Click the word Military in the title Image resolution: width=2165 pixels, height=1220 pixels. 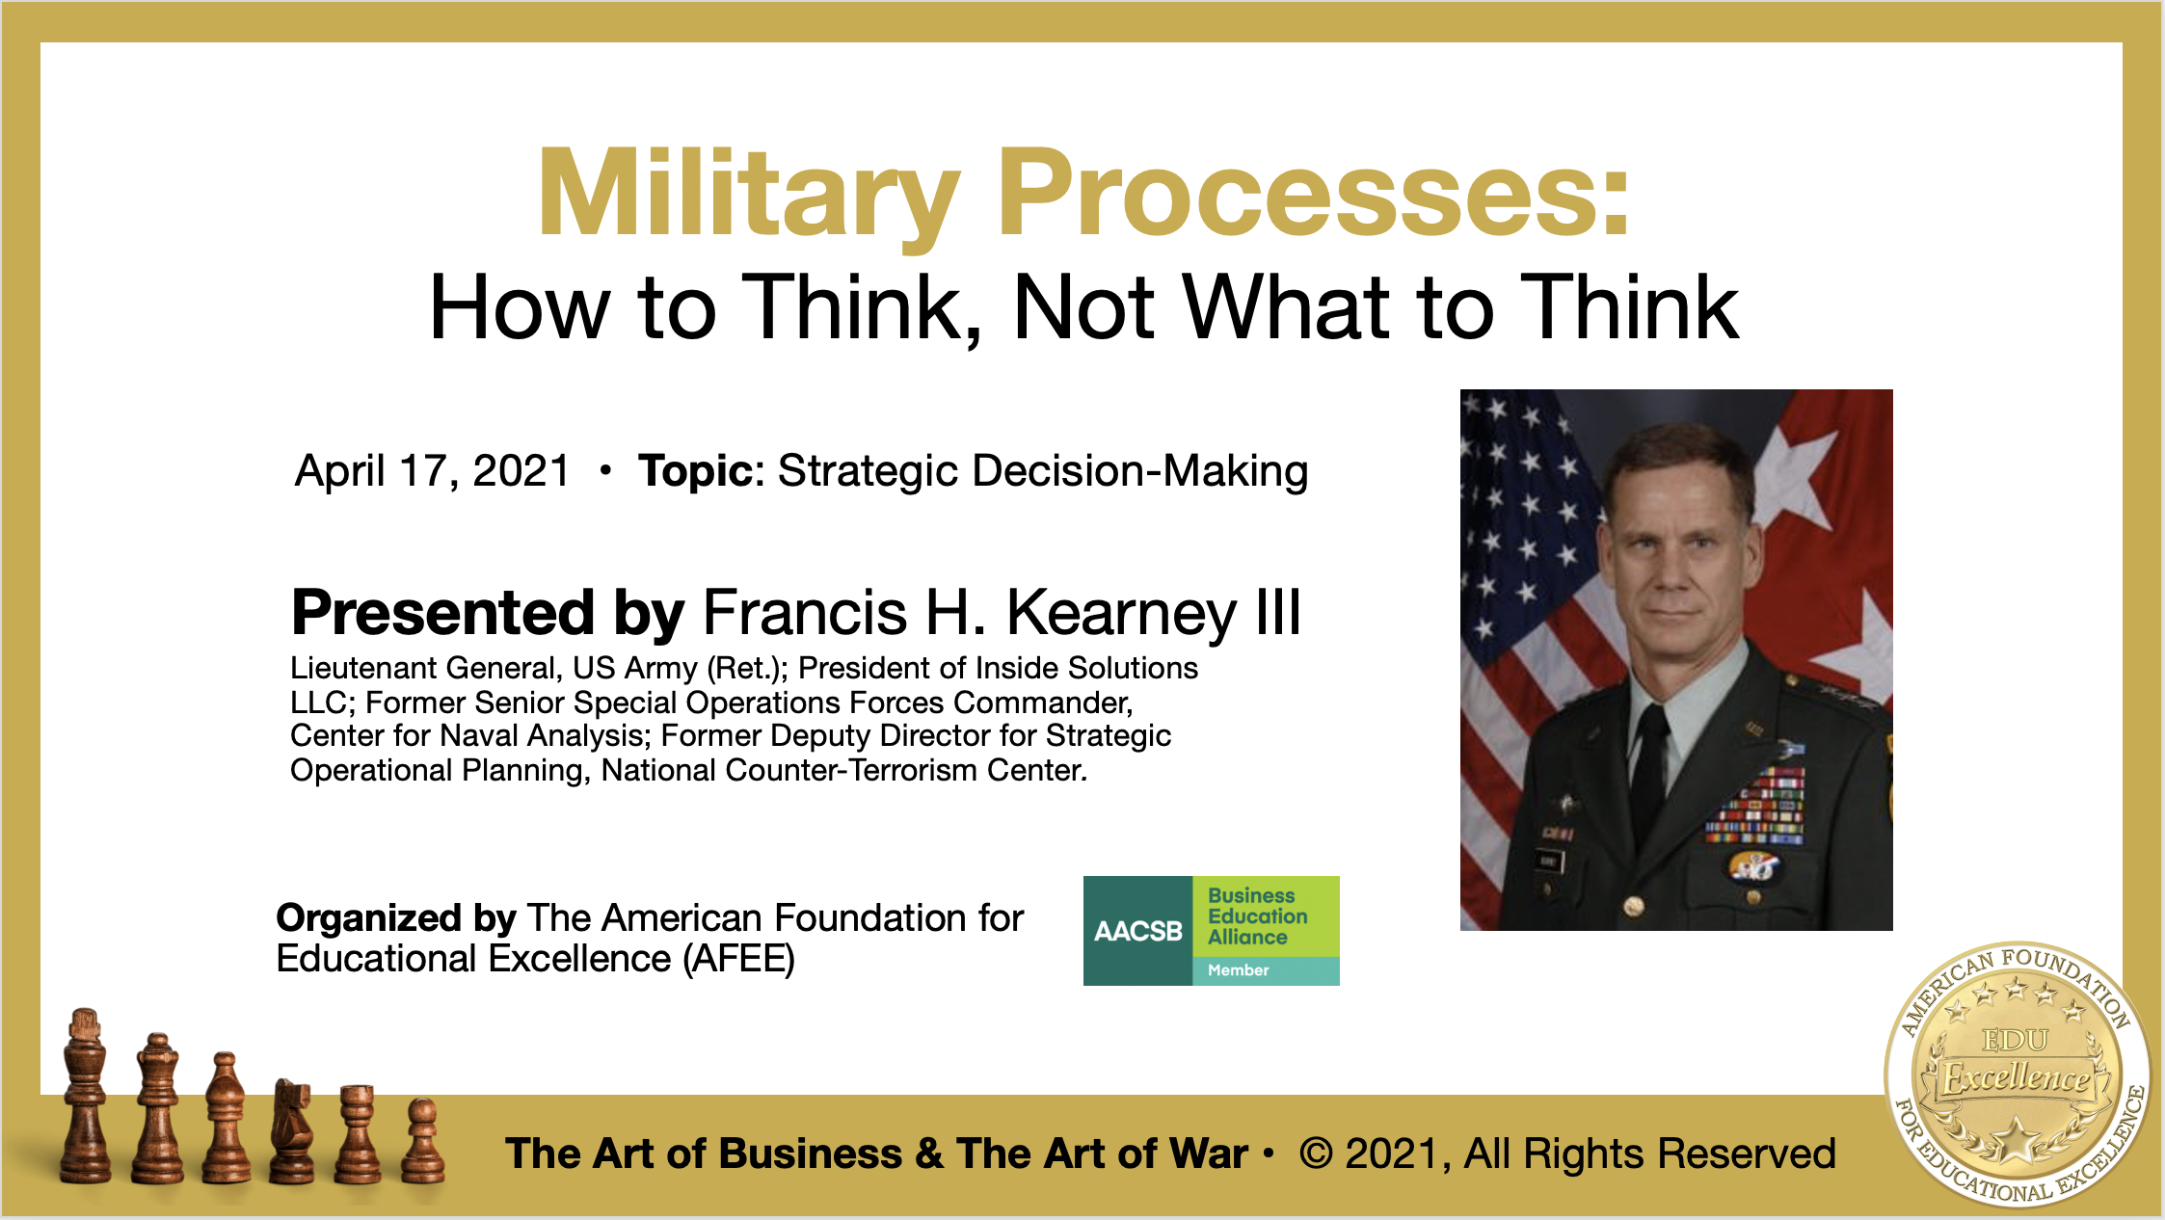(x=749, y=194)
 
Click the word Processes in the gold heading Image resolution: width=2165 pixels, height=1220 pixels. (x=1302, y=193)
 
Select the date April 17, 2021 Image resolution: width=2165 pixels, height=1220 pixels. (x=432, y=472)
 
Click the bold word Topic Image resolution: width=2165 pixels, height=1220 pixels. (x=694, y=471)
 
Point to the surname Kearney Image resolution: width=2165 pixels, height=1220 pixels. (x=1120, y=614)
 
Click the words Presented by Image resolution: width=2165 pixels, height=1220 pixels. (x=488, y=614)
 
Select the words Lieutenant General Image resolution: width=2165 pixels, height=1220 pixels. (x=425, y=668)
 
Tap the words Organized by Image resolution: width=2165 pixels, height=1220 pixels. (x=396, y=919)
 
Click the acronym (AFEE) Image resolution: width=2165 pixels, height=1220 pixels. (x=738, y=960)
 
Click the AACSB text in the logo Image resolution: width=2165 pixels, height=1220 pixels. (x=1138, y=931)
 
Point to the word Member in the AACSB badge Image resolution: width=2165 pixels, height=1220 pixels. (x=1239, y=970)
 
